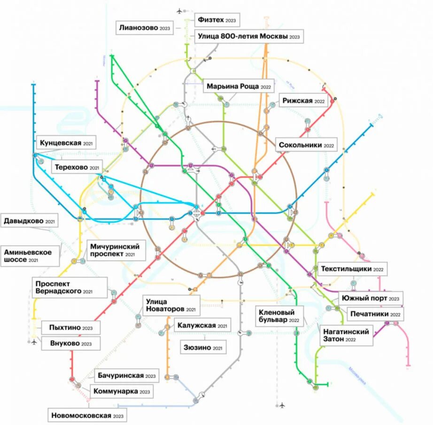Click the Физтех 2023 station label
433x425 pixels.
[x=217, y=20]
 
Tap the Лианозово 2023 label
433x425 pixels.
[x=145, y=28]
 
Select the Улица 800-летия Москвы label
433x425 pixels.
[x=248, y=36]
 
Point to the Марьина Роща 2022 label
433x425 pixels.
[x=239, y=87]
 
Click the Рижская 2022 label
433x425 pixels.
[x=304, y=101]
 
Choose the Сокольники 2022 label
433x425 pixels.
[x=306, y=145]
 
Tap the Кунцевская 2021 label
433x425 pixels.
[x=67, y=142]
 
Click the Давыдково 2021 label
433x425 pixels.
[x=30, y=221]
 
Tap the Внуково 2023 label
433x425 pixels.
[x=71, y=343]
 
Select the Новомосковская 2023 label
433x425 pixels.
[x=88, y=416]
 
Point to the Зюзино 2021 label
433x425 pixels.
[x=203, y=348]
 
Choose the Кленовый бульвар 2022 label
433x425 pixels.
[x=279, y=316]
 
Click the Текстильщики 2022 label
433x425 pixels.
[x=353, y=269]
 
